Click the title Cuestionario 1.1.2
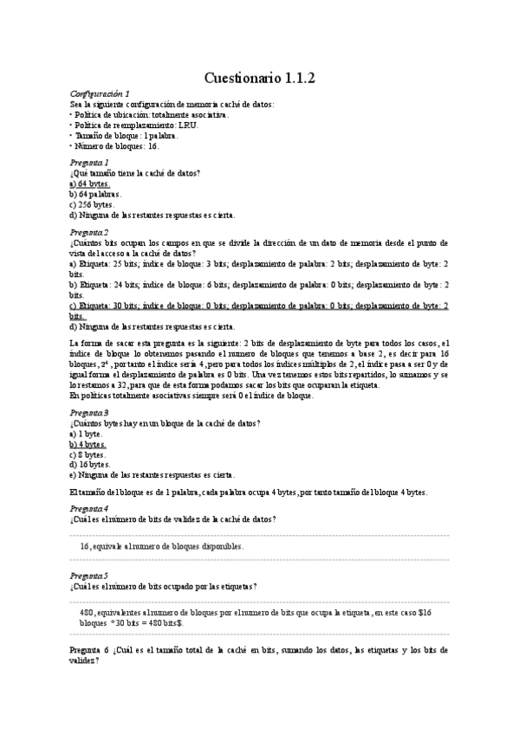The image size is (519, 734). click(259, 78)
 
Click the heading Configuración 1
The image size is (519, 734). click(99, 93)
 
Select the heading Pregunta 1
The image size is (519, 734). click(89, 163)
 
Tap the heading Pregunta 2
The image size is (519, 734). click(89, 233)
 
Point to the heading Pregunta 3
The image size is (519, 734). click(89, 413)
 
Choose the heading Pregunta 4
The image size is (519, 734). click(89, 507)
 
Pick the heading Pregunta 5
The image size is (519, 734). click(89, 575)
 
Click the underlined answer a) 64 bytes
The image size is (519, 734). click(89, 184)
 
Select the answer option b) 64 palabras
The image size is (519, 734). click(95, 195)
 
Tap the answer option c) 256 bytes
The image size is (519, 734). click(91, 205)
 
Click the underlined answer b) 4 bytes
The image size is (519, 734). click(88, 443)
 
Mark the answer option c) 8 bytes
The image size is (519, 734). click(88, 454)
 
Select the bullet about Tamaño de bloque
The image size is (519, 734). click(127, 136)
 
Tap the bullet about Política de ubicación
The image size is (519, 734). click(152, 115)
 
